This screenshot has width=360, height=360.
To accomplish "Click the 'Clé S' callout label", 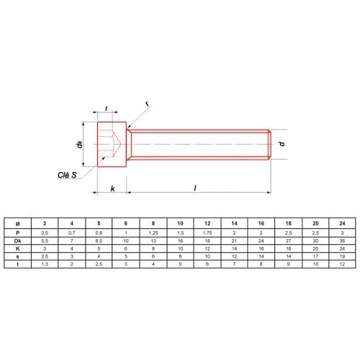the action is tap(67, 175).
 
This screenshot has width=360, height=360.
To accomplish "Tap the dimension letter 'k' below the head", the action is tap(112, 189).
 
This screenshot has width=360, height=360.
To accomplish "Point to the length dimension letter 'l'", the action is tap(195, 188).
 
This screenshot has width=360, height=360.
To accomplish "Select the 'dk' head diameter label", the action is tap(79, 144).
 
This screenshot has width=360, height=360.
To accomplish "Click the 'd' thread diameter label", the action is tap(282, 144).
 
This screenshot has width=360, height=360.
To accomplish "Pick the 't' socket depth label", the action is tap(106, 109).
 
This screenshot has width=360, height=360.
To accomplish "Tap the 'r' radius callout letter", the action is tap(147, 104).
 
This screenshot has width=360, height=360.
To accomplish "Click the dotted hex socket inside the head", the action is tap(109, 144).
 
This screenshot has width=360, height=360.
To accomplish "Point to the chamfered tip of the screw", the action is tap(270, 145).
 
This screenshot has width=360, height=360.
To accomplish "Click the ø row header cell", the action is tap(17, 224).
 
